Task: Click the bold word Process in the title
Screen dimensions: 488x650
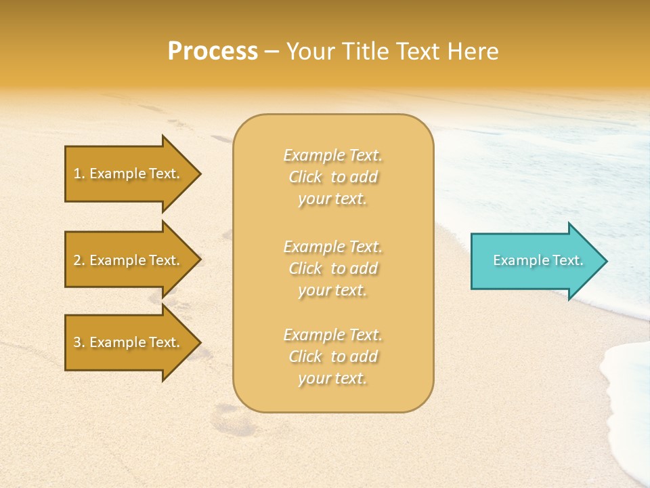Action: coord(213,52)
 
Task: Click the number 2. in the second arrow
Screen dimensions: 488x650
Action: coord(79,260)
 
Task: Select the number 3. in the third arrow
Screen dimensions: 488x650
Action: coord(79,342)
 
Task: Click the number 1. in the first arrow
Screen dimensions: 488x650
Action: coord(79,174)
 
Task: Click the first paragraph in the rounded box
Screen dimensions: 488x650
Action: coord(332,177)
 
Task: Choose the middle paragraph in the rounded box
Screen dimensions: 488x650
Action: coord(332,268)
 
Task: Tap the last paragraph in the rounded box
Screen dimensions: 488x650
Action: coord(332,357)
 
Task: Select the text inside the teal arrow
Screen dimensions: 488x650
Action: coord(538,260)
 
